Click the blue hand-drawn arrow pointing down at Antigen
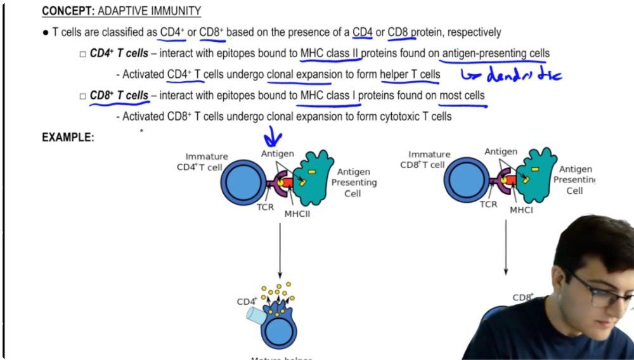point(273,136)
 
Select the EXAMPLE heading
point(68,137)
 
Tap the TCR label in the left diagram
point(266,207)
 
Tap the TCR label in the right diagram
point(488,204)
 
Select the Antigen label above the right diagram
point(501,151)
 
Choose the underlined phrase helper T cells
point(410,75)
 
